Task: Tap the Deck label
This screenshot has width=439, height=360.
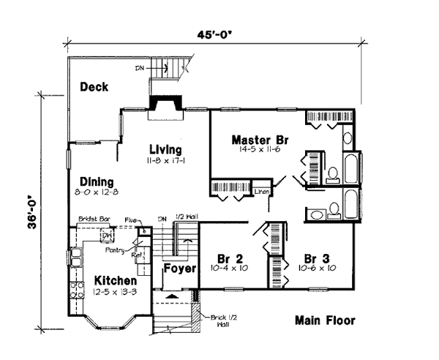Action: [x=94, y=87]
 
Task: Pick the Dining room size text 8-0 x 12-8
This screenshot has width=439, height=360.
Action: [x=97, y=192]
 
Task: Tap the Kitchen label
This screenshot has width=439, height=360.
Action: [x=115, y=280]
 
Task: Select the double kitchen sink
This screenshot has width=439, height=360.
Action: [x=75, y=258]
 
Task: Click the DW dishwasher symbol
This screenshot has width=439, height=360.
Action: [x=106, y=236]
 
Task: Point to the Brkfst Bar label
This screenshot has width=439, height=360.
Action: [x=93, y=219]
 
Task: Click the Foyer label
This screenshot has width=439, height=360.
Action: [x=179, y=269]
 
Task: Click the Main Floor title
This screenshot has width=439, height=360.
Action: [x=326, y=320]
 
